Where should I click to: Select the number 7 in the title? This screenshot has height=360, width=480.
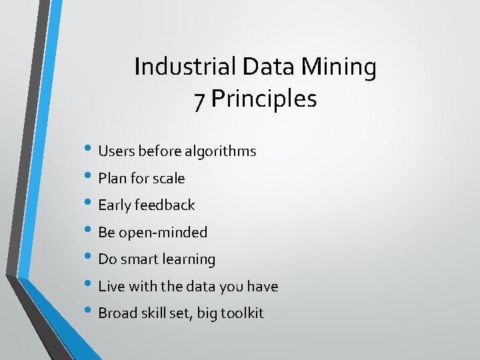[x=199, y=100]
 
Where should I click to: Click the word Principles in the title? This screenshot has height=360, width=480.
[x=264, y=100]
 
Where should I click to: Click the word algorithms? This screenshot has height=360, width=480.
[x=221, y=151]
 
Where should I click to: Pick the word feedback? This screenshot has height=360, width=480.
[x=165, y=205]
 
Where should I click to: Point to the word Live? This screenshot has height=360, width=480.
[x=111, y=287]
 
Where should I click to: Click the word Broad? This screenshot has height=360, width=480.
[x=117, y=313]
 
